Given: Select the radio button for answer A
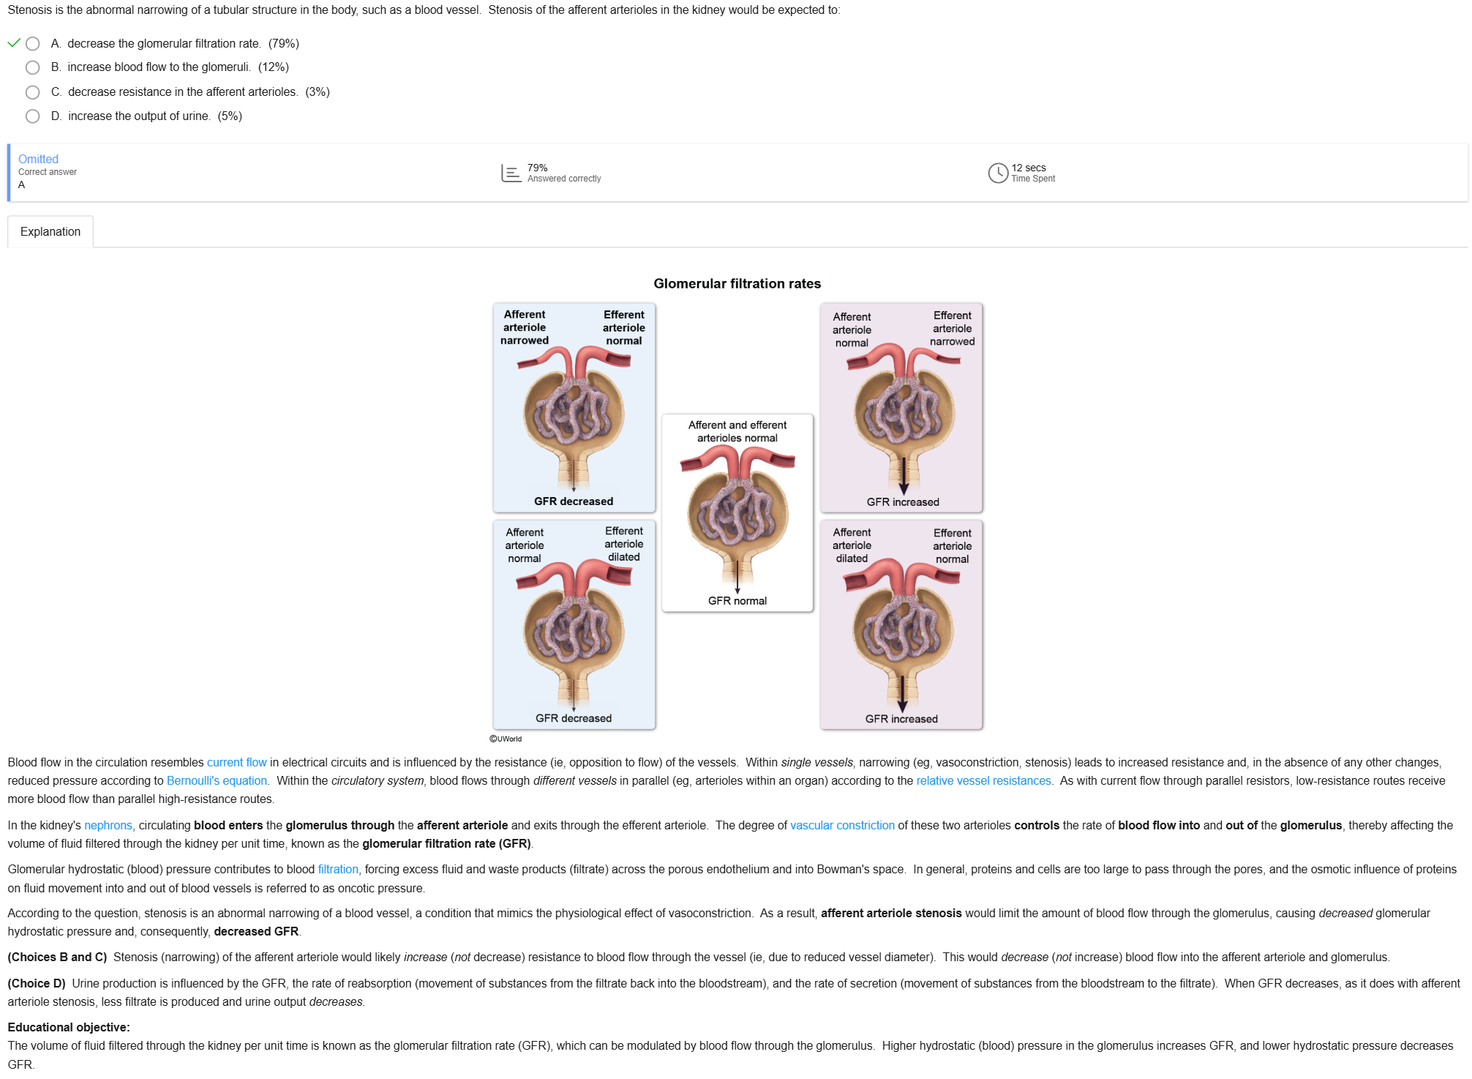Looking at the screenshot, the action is tap(32, 44).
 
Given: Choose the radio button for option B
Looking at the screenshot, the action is tap(32, 67).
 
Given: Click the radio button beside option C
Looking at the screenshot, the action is tap(32, 92).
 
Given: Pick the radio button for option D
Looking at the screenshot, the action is tap(32, 116).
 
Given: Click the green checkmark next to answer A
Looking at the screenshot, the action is tap(13, 43).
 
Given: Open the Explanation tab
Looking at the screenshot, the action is tap(50, 231).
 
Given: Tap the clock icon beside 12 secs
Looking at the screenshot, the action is tap(998, 173).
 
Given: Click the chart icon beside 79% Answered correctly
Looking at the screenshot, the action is tap(511, 173).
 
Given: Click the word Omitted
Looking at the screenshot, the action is tap(38, 159).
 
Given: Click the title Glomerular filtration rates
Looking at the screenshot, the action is tap(737, 283).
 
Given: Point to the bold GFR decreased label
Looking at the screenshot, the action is tap(574, 501).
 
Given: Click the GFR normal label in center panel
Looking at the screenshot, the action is tap(737, 601).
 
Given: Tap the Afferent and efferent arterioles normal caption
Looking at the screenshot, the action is tap(737, 431).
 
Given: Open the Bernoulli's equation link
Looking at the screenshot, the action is tap(217, 781).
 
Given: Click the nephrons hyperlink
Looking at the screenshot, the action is tap(108, 826).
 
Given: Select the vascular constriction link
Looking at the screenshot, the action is tap(842, 826).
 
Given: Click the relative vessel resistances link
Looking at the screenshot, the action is tap(983, 781).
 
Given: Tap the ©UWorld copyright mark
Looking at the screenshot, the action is tap(506, 739).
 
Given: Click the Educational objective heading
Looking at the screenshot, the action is tap(69, 1028).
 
